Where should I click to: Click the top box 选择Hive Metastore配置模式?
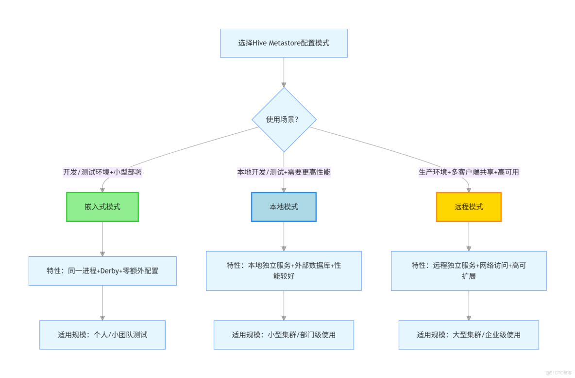(x=284, y=43)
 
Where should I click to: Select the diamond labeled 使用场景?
(x=284, y=120)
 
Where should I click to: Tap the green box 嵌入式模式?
(x=102, y=207)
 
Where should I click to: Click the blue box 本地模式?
(x=284, y=207)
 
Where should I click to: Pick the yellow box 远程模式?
(x=469, y=207)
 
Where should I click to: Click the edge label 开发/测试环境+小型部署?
(x=102, y=172)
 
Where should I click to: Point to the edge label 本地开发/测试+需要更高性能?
(x=284, y=172)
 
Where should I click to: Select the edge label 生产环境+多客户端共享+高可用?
(x=469, y=172)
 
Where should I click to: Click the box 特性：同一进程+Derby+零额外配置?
(x=102, y=271)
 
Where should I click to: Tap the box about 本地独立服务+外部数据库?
(x=284, y=271)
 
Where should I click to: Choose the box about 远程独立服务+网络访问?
(x=469, y=271)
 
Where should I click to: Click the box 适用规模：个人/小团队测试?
(x=102, y=335)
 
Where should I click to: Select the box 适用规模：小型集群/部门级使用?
(x=284, y=335)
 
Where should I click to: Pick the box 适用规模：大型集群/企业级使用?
(x=469, y=335)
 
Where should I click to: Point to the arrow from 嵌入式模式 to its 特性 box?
(x=102, y=239)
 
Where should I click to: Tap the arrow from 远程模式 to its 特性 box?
(x=469, y=236)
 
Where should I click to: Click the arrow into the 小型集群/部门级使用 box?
(x=284, y=306)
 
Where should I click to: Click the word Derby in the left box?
(x=109, y=271)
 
